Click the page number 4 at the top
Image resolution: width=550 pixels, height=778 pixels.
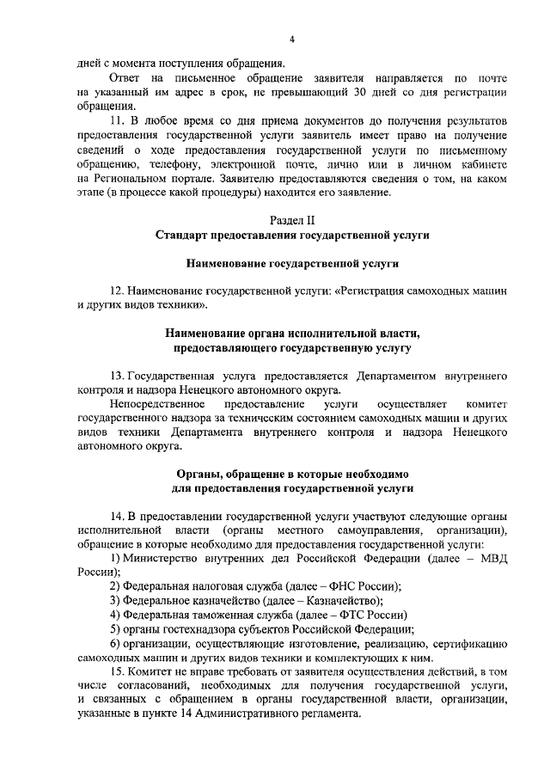[x=292, y=40]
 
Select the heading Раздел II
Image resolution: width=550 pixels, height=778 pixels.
[x=292, y=220]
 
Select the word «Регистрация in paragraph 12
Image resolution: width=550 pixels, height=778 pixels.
[x=376, y=291]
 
